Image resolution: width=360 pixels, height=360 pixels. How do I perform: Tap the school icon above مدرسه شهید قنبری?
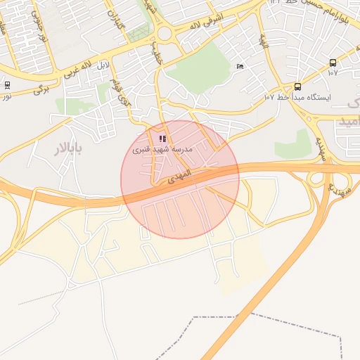pyautogui.click(x=163, y=139)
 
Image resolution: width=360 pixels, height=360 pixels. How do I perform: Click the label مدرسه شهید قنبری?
pyautogui.click(x=163, y=150)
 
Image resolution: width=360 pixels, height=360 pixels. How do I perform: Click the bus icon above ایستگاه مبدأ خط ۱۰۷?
pyautogui.click(x=297, y=86)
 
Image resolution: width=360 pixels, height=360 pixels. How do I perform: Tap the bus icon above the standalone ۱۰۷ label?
pyautogui.click(x=333, y=63)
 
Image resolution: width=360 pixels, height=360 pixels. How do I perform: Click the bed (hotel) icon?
pyautogui.click(x=240, y=67)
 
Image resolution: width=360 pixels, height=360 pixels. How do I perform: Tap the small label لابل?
pyautogui.click(x=103, y=65)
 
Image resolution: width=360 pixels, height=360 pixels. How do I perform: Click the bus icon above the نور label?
pyautogui.click(x=8, y=85)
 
